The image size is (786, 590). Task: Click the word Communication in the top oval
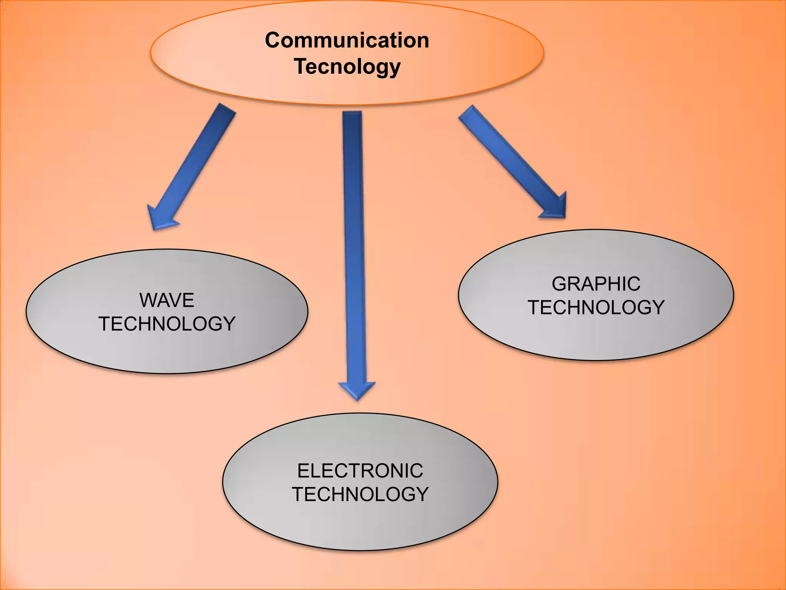(x=347, y=40)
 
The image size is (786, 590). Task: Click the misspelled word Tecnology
(x=347, y=66)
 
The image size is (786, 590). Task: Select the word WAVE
(x=167, y=300)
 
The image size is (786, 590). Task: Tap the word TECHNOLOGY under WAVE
(x=167, y=323)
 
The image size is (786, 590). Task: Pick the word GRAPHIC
(x=596, y=284)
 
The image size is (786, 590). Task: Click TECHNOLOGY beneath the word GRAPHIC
(x=596, y=307)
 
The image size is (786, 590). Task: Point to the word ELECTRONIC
(x=360, y=471)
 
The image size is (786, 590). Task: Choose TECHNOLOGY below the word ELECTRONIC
(x=360, y=494)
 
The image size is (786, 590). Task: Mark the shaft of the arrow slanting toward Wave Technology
(x=196, y=161)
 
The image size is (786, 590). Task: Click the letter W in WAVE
(x=148, y=300)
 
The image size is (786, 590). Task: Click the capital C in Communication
(x=273, y=40)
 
